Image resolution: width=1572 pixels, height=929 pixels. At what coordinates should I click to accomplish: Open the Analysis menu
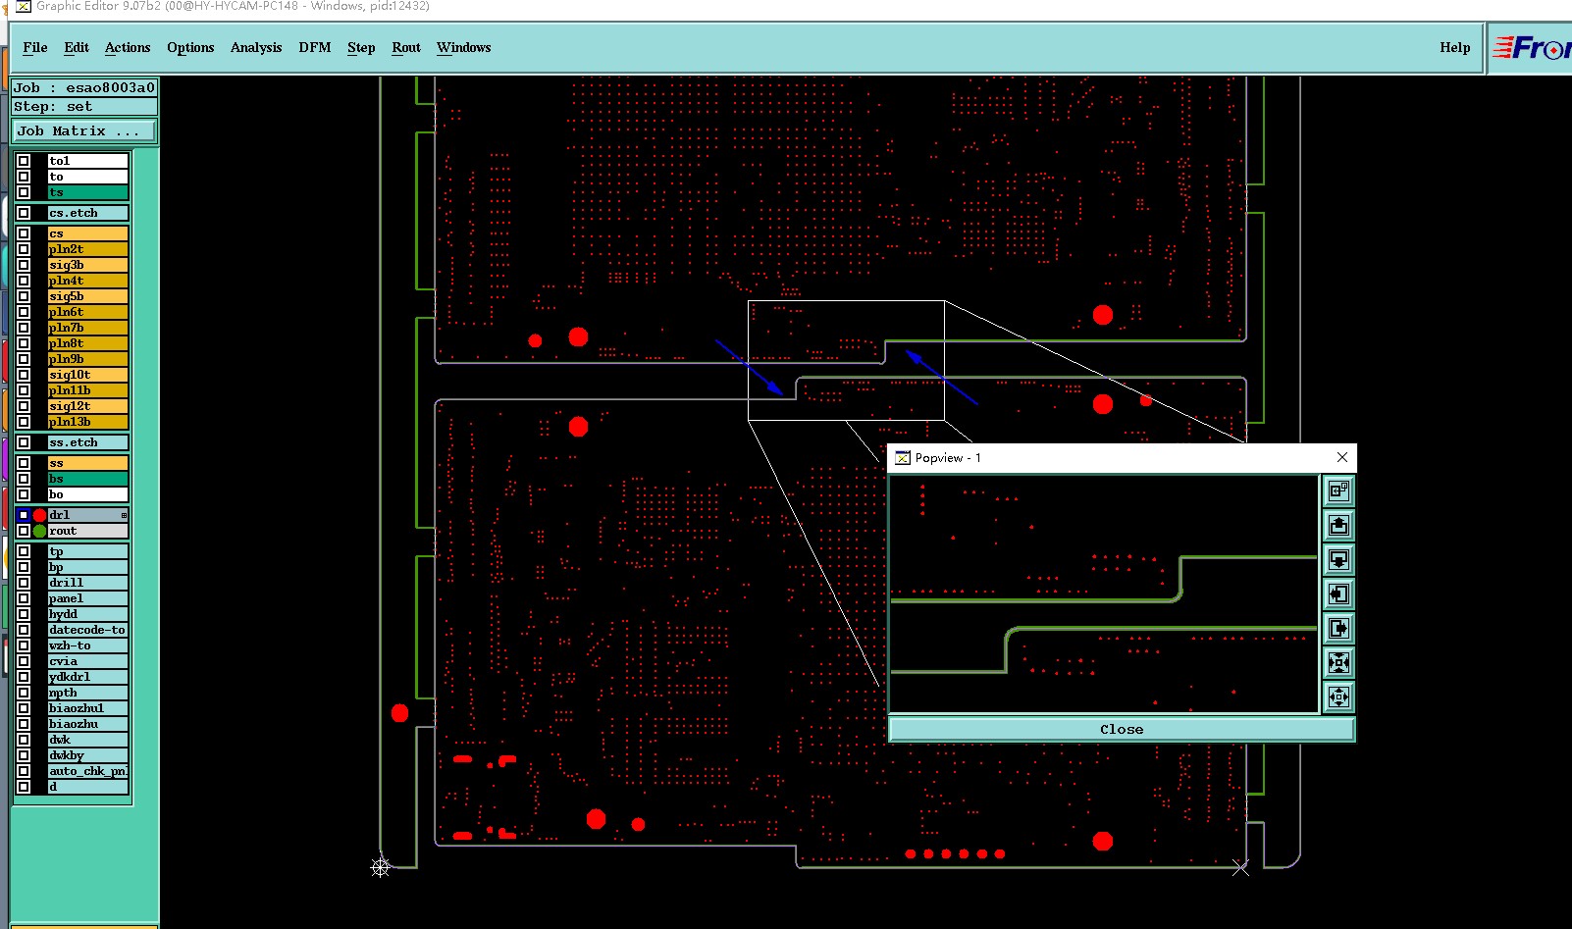click(255, 47)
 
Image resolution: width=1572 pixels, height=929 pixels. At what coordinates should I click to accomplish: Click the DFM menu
click(314, 47)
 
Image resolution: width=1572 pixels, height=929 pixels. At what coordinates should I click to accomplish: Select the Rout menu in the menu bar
click(405, 47)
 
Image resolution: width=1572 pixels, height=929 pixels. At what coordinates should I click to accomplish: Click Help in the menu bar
click(1454, 47)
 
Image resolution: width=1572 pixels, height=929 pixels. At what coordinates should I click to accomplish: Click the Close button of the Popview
click(1121, 729)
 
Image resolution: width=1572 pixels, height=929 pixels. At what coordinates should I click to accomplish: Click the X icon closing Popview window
click(1341, 457)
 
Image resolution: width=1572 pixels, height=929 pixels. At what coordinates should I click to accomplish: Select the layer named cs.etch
click(87, 213)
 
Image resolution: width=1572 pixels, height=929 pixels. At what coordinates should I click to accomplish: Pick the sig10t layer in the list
click(87, 375)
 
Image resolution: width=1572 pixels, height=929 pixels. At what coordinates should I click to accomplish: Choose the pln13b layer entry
click(87, 422)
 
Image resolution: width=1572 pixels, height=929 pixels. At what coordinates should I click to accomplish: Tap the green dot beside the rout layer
click(39, 531)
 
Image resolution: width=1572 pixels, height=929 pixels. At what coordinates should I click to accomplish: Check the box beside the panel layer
click(24, 598)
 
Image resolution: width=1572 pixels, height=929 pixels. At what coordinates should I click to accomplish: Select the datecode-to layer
click(87, 630)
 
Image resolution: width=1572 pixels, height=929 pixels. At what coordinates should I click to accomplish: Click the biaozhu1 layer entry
click(87, 708)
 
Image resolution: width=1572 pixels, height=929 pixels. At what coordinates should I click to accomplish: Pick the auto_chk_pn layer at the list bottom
click(87, 771)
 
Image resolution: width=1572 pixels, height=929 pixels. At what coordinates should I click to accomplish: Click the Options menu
click(190, 47)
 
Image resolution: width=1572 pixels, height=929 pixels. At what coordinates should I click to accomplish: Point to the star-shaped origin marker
click(381, 867)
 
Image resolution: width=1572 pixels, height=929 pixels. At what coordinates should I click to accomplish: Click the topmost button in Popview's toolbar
click(1338, 490)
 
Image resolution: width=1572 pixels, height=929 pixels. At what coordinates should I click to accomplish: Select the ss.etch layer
click(87, 442)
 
